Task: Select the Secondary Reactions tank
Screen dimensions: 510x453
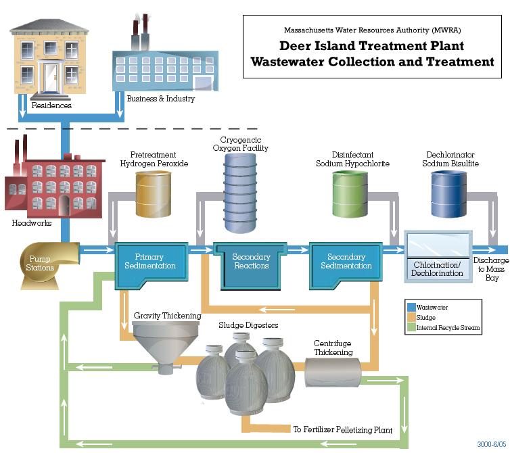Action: [x=250, y=266]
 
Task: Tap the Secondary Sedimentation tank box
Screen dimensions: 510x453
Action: [x=346, y=265]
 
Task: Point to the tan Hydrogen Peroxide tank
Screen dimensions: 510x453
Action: [x=153, y=194]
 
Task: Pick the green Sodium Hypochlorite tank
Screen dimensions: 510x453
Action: [x=350, y=194]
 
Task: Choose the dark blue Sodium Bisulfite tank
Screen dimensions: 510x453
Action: [x=449, y=194]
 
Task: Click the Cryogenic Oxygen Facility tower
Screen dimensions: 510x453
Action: [x=240, y=193]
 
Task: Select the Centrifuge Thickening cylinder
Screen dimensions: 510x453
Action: [x=333, y=373]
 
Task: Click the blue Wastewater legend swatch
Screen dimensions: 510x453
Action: [x=411, y=308]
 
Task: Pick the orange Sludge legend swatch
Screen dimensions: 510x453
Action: [x=411, y=317]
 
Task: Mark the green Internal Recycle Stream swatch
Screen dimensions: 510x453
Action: [x=411, y=327]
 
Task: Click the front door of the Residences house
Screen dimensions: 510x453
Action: [x=51, y=77]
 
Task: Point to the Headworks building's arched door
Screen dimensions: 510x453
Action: [x=64, y=205]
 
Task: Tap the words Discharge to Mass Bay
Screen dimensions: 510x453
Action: [x=491, y=269]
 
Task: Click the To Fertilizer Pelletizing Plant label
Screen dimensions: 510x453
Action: [x=343, y=429]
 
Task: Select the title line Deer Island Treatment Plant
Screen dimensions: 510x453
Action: [x=372, y=46]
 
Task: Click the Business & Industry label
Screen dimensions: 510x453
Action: [x=161, y=99]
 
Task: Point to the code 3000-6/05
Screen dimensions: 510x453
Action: [x=492, y=444]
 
